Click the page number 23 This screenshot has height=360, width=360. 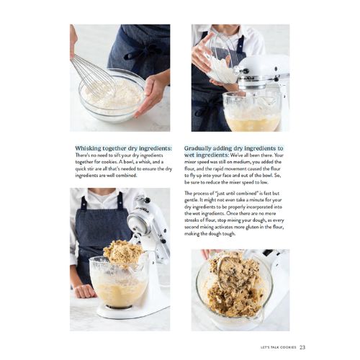pos(302,347)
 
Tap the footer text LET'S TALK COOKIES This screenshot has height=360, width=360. pos(279,347)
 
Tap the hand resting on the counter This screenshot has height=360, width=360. pos(84,291)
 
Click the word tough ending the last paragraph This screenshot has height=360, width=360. pos(228,234)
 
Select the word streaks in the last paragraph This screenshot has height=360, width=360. pos(191,220)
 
